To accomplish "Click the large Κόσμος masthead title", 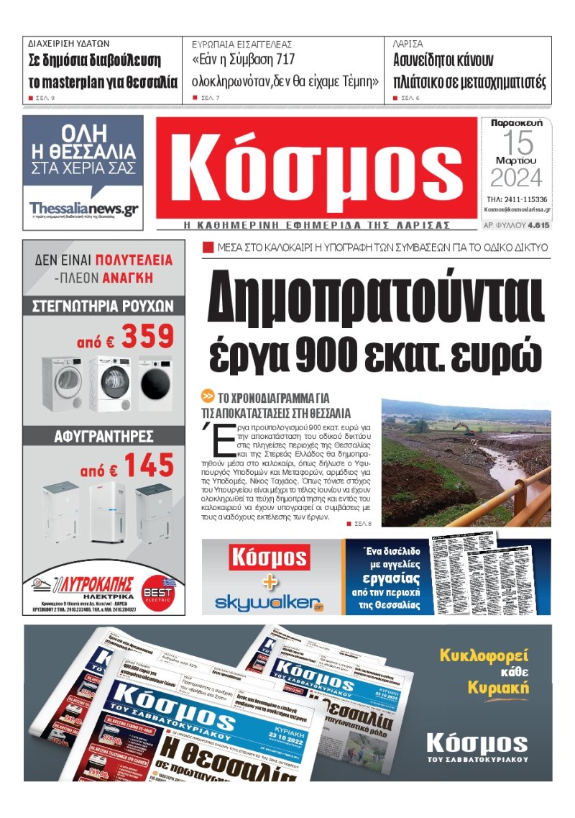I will pyautogui.click(x=316, y=168).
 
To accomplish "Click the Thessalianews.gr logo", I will pyautogui.click(x=83, y=208).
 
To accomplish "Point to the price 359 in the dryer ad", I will pyautogui.click(x=147, y=337).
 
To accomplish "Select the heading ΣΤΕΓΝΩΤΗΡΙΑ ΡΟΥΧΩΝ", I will pyautogui.click(x=103, y=306).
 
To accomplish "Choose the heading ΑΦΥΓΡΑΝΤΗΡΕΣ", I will pyautogui.click(x=103, y=436).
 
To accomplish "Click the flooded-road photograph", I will pyautogui.click(x=466, y=463).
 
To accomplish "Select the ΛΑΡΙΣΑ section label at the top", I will pyautogui.click(x=408, y=43).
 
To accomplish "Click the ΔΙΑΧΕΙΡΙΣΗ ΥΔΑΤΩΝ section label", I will pyautogui.click(x=69, y=43).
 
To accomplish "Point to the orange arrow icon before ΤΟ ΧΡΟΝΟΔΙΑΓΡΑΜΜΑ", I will pyautogui.click(x=208, y=396).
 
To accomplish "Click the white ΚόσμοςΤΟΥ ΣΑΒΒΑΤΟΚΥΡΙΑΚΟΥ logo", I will pyautogui.click(x=477, y=747).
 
